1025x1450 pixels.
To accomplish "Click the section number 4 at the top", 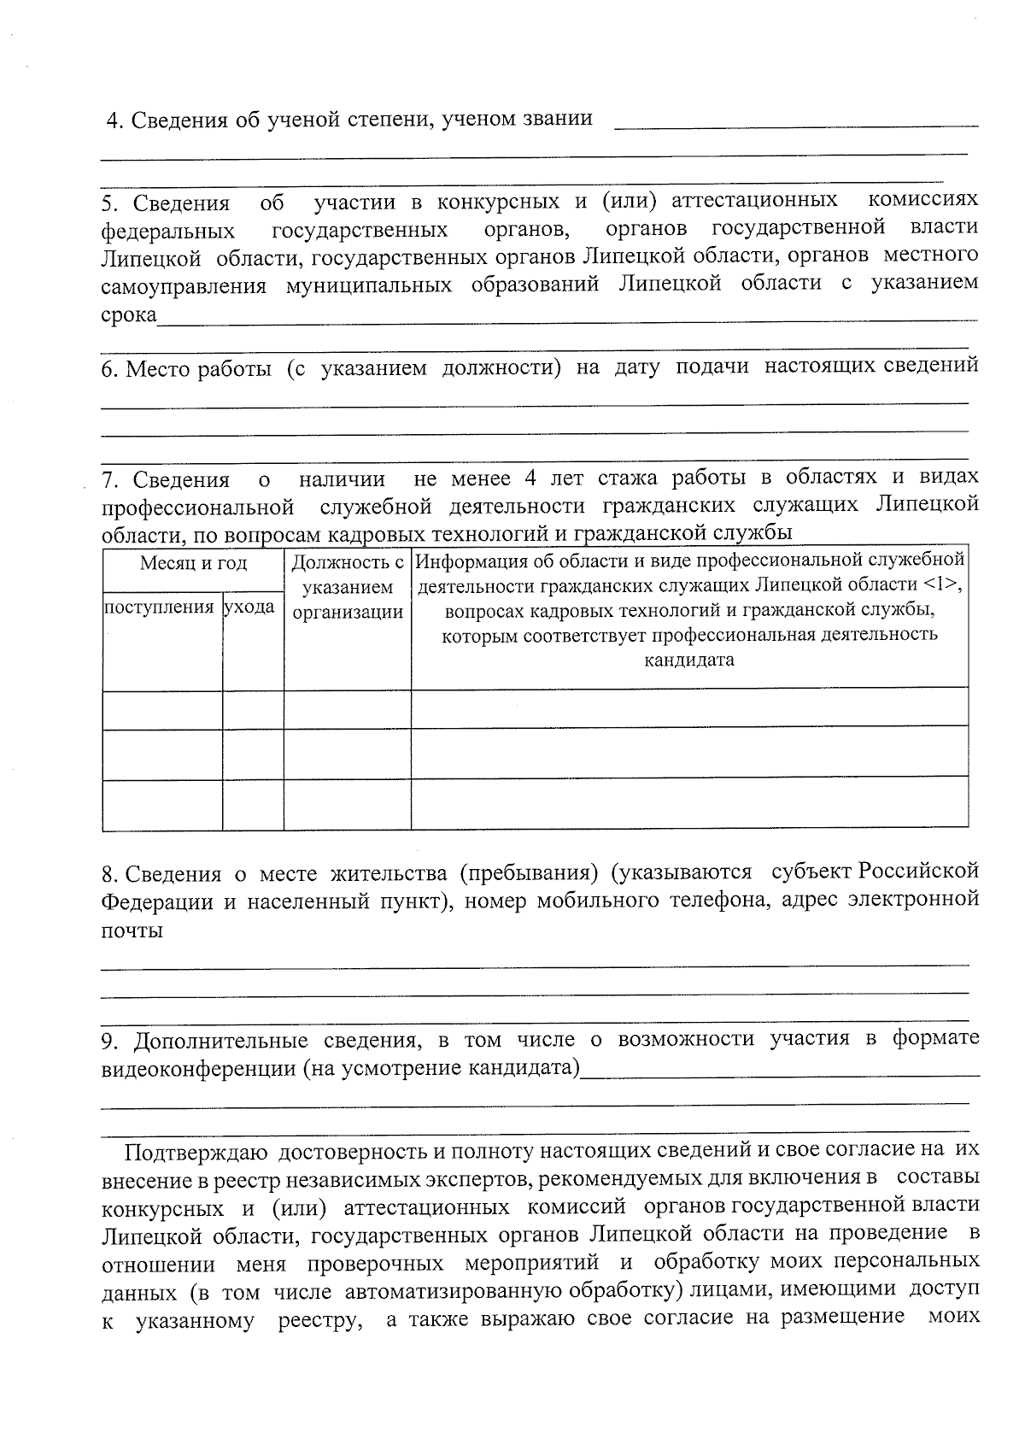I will (112, 120).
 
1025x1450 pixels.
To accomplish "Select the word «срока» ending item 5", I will (129, 315).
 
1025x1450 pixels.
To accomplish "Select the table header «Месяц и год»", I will (193, 563).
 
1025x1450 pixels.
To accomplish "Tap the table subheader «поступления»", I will (159, 608).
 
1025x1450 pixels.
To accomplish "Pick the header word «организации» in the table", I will (348, 612).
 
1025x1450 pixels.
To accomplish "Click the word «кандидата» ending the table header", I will (689, 660).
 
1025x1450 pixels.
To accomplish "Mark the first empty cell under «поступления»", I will (162, 707).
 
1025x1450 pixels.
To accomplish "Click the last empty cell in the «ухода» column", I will (253, 804).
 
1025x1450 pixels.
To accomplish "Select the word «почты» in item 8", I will (132, 930).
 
